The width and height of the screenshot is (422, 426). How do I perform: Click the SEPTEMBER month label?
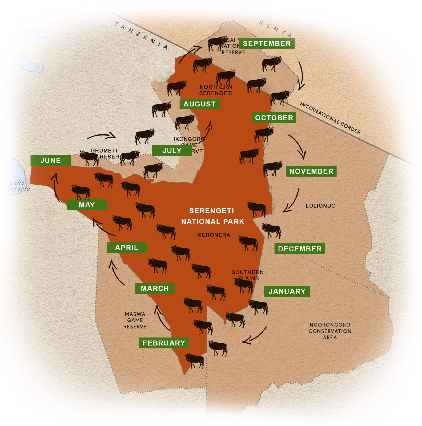(267, 43)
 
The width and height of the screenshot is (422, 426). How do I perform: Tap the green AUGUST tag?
(199, 104)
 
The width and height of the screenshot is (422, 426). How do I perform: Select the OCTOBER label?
(274, 118)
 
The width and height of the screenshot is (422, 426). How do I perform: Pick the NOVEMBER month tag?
(311, 171)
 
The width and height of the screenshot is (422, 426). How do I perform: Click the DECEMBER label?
(300, 249)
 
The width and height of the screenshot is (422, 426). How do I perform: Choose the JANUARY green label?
(287, 291)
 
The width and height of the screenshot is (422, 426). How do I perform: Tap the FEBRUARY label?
(164, 343)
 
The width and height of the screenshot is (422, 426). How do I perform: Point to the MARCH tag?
(155, 288)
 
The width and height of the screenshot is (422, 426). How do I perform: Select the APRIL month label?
(127, 248)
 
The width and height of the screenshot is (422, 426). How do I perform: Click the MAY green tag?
(87, 205)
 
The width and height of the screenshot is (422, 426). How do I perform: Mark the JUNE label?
(50, 160)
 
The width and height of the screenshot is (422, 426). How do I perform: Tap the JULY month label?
(172, 150)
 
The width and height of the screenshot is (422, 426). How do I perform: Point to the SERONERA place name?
(214, 235)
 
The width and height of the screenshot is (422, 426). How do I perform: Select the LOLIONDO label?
(320, 206)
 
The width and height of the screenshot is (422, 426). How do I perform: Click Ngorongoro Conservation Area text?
(330, 331)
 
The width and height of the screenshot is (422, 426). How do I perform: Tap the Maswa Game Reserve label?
(135, 320)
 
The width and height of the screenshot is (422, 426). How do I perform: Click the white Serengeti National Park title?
(212, 216)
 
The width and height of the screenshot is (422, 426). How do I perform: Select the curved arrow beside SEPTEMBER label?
(301, 76)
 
